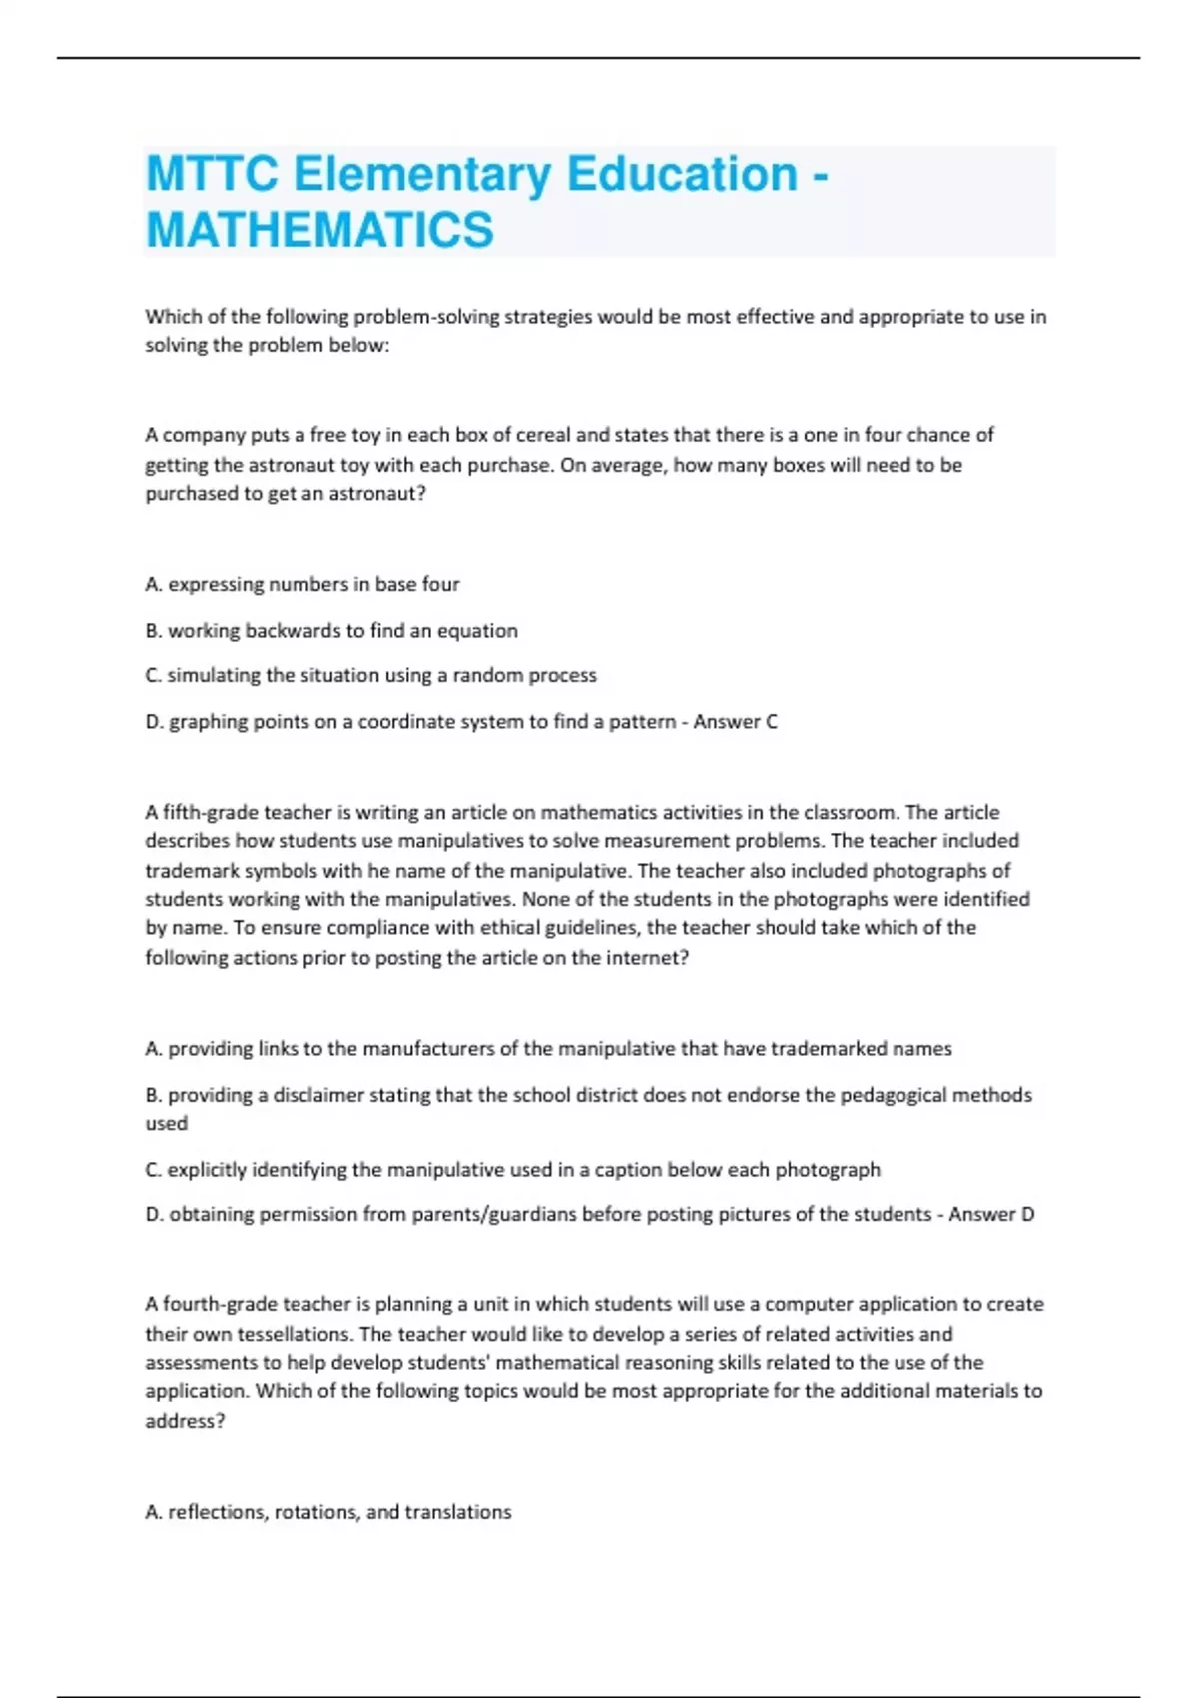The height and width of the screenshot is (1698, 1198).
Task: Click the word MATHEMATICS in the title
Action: tap(319, 229)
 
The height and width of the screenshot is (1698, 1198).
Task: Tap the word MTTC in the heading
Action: tap(212, 174)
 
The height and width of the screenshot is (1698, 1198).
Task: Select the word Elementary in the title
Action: tap(421, 174)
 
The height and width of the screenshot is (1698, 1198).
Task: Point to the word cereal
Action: tap(543, 435)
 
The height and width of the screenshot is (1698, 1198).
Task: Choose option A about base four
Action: tap(302, 584)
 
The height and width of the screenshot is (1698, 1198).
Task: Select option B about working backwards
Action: tap(331, 630)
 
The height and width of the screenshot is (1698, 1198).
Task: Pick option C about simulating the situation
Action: tap(370, 675)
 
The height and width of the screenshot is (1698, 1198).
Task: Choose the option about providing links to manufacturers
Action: tap(548, 1048)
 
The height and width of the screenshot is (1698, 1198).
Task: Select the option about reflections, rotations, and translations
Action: tap(328, 1512)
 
